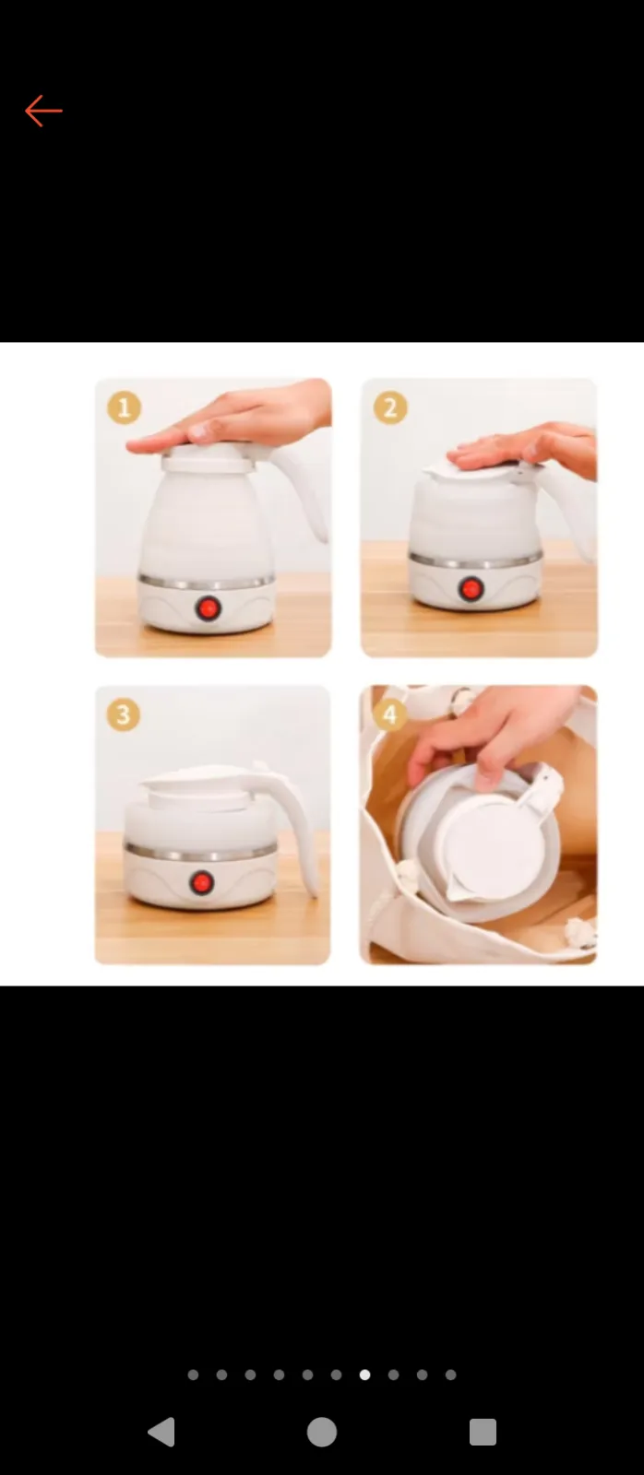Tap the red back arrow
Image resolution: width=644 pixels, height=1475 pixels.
tap(43, 111)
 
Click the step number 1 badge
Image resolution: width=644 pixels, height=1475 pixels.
tap(124, 407)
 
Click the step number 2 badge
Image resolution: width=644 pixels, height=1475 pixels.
tap(390, 407)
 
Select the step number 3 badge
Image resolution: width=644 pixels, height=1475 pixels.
tap(124, 715)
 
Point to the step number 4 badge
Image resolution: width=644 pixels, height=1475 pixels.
tap(389, 715)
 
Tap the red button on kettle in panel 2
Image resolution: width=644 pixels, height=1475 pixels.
tap(471, 589)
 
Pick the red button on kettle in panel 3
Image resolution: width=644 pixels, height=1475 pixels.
tap(202, 881)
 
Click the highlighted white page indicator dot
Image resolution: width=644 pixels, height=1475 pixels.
tap(364, 1375)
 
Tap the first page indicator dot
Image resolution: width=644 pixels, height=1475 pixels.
tap(193, 1375)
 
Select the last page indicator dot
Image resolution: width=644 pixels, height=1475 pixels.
tap(451, 1375)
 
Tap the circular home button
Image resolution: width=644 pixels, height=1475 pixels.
tap(322, 1432)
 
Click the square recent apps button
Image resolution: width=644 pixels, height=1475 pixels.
tap(483, 1432)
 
